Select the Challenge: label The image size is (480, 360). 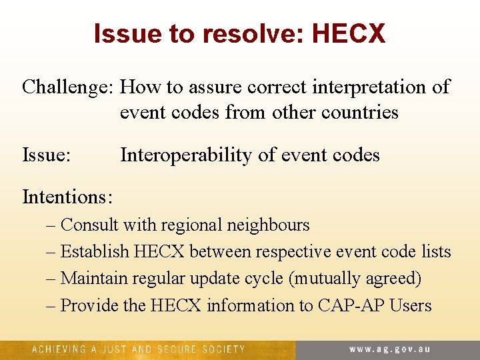(x=68, y=87)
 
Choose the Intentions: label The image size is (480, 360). (x=67, y=197)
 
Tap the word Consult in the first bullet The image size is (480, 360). (x=89, y=225)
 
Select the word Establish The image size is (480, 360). (x=95, y=252)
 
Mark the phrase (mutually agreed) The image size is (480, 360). (x=355, y=279)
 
